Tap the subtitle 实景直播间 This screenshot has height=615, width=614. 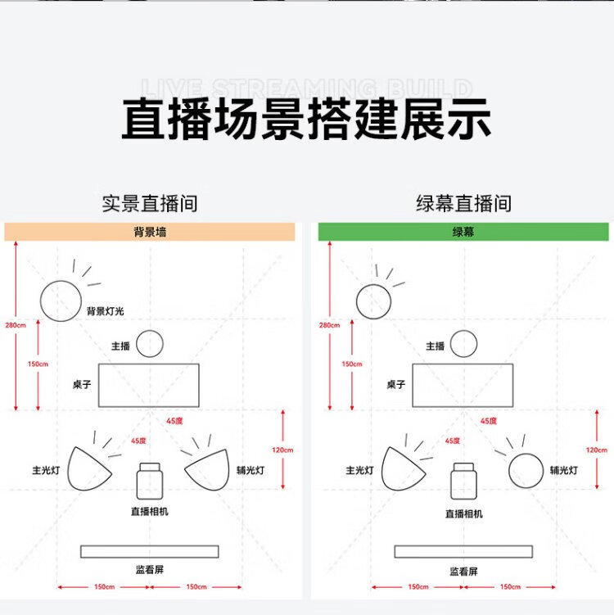point(149,203)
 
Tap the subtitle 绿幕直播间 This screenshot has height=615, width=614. point(463,203)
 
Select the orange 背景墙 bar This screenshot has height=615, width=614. point(149,232)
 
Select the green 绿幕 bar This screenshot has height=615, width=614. point(463,232)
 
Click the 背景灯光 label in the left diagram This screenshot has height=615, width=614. point(106,311)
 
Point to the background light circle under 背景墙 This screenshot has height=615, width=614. point(61,301)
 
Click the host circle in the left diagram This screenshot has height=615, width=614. point(150,343)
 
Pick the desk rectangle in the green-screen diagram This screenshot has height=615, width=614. point(463,385)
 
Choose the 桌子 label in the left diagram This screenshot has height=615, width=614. point(81,384)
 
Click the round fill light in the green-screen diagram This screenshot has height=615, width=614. point(526,470)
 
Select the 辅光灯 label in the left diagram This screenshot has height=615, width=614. point(250,470)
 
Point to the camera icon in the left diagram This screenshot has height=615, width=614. point(149,480)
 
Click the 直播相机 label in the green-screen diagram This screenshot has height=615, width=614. point(463,513)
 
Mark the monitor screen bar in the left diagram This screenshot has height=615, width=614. point(149,551)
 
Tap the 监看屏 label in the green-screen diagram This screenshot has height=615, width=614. point(463,571)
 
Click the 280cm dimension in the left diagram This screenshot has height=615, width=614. point(16,325)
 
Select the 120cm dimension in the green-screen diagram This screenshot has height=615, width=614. point(596,450)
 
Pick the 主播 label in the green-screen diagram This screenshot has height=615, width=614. point(435,346)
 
